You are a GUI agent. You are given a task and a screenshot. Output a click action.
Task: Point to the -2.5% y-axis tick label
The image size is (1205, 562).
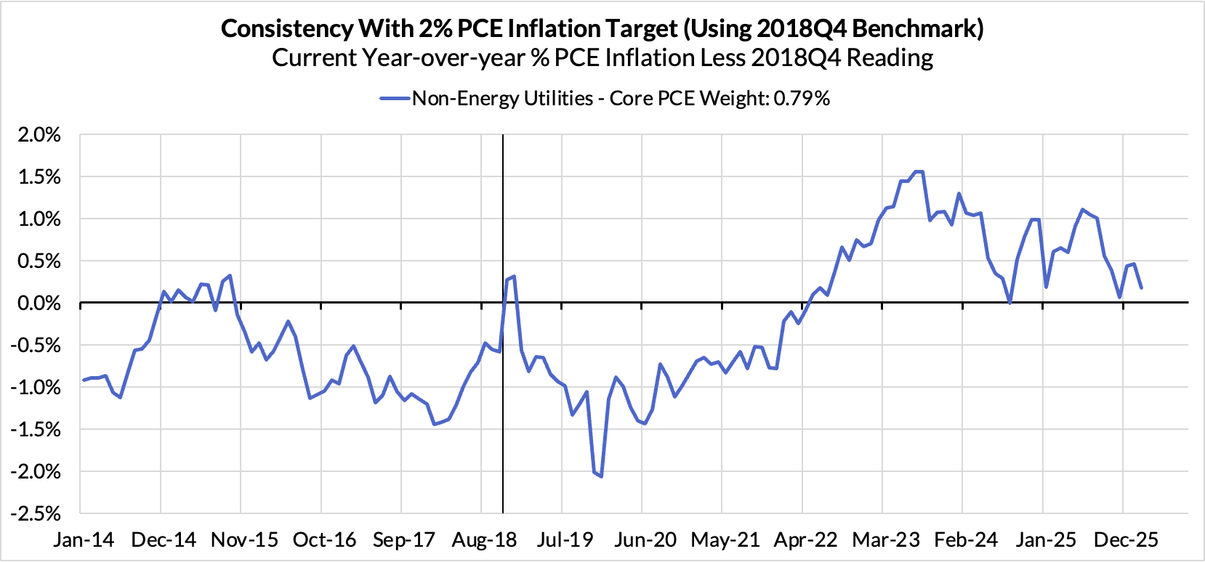[36, 513]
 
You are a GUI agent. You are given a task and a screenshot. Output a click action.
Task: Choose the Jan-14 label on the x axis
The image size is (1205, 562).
[84, 540]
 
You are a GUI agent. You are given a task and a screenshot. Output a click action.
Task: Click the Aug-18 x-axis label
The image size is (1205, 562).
[484, 540]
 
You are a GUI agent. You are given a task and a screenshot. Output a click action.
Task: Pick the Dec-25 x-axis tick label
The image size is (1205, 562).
[1126, 540]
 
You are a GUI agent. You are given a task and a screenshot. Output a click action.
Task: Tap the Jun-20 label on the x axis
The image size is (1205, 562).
[645, 540]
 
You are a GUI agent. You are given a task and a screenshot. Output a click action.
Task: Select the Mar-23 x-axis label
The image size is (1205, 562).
[885, 540]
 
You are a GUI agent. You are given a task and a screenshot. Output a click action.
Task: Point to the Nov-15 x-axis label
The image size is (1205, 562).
[244, 540]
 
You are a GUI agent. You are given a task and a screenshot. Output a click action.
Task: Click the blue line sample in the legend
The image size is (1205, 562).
[395, 99]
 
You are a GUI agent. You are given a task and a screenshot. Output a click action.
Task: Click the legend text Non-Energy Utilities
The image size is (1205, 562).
[502, 99]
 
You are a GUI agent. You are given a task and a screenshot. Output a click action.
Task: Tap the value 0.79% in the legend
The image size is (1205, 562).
[802, 99]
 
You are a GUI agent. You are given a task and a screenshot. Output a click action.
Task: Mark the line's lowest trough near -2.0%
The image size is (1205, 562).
[601, 476]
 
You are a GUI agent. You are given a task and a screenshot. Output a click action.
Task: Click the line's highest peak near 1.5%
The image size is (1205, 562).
[919, 171]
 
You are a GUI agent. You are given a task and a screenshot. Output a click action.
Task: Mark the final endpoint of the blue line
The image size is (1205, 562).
[1141, 288]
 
